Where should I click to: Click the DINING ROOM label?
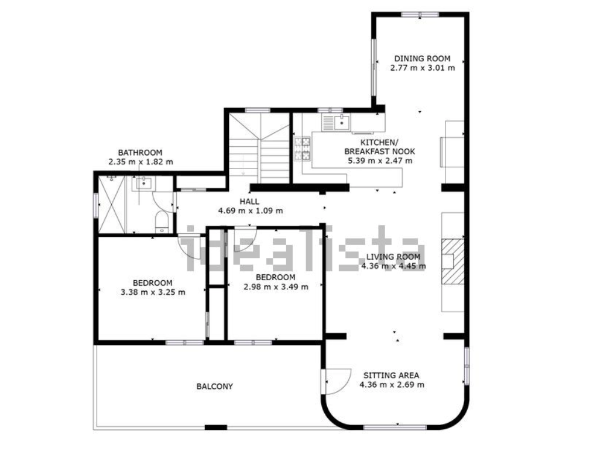(422, 58)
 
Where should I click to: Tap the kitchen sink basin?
(342, 123)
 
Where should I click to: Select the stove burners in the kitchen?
(302, 149)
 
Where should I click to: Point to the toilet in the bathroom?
(162, 222)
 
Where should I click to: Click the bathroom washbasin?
(144, 184)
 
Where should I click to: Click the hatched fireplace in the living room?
(452, 261)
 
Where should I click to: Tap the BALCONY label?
(214, 386)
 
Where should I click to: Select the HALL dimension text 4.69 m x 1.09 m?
(251, 211)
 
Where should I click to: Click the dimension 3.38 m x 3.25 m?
(153, 292)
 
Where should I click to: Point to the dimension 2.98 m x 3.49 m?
(276, 287)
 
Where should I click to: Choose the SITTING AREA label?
(391, 375)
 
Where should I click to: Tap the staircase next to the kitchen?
(259, 148)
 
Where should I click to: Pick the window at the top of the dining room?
(420, 15)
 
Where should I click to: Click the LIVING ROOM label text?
(393, 257)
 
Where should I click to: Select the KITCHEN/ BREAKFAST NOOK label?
(379, 147)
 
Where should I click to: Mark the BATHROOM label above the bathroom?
(140, 153)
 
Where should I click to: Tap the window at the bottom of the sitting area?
(395, 427)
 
